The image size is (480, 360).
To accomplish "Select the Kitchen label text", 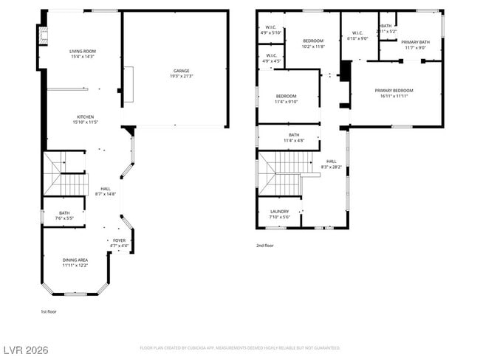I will point(83,120).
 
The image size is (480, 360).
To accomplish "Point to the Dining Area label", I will point(75,262).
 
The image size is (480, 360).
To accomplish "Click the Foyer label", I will point(119,243).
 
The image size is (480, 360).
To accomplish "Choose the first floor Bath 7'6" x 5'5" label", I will point(64,215).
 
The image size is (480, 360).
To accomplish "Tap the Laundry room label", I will point(279,214).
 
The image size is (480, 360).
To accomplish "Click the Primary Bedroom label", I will point(397,93).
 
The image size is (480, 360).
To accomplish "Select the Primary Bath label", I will point(415,45).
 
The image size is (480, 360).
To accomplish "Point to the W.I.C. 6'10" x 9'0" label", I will point(357,35).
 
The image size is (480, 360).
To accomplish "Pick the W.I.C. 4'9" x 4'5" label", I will point(270,58).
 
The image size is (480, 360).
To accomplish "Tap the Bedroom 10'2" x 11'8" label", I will point(313,44).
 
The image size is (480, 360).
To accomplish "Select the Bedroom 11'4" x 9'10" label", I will point(286,99).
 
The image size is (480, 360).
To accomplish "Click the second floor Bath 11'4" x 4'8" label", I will point(294,138).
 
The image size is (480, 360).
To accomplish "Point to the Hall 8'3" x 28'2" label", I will point(331,165).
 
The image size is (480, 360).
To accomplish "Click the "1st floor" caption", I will point(49,311).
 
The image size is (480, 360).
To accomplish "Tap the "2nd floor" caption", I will point(265,246).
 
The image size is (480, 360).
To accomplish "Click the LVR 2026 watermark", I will point(25,349).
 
